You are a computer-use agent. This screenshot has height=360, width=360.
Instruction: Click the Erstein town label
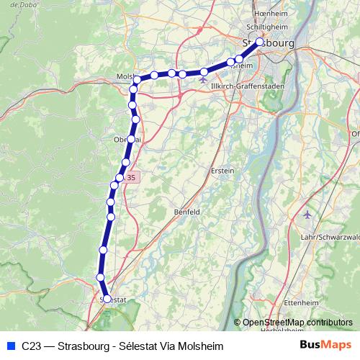[x=222, y=171]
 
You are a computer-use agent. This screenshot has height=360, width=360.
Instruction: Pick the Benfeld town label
[x=188, y=212]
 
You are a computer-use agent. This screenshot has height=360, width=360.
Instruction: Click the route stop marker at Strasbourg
[x=260, y=41]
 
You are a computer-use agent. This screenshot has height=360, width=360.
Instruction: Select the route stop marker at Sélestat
[x=107, y=298]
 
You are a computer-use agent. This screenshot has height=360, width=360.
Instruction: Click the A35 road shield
[x=130, y=177]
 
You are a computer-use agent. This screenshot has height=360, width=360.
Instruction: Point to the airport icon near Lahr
[x=309, y=215]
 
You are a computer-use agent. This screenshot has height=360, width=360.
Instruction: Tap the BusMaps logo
[x=326, y=346]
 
